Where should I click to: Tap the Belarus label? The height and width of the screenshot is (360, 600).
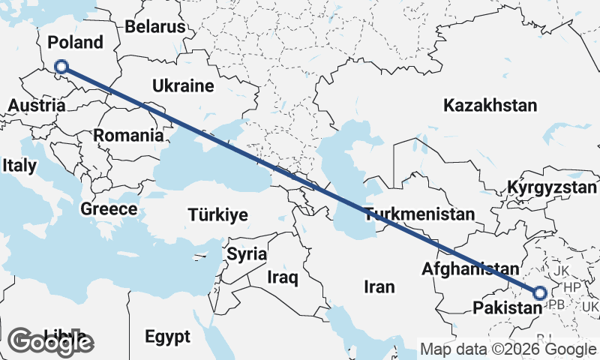tap(155, 27)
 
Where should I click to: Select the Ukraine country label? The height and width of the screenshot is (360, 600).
tap(183, 86)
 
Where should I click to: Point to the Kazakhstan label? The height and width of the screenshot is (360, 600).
tap(490, 106)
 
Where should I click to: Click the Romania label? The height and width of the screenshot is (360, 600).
tap(128, 136)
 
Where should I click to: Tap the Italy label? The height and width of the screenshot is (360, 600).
tap(19, 164)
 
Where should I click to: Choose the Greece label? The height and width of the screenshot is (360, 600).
tap(109, 209)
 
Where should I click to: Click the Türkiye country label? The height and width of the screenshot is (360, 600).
tap(217, 215)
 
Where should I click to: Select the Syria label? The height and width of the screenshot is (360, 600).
tap(247, 253)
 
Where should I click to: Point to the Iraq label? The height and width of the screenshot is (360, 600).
tap(283, 278)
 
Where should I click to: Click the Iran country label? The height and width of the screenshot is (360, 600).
tap(379, 286)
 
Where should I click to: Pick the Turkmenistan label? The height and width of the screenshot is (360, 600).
tap(420, 214)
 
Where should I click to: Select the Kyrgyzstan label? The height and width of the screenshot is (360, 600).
tap(550, 187)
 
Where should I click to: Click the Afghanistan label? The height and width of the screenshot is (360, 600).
tap(470, 268)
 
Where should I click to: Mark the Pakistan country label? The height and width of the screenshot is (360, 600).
tap(508, 307)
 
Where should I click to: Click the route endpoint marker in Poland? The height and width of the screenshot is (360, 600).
tap(61, 67)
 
